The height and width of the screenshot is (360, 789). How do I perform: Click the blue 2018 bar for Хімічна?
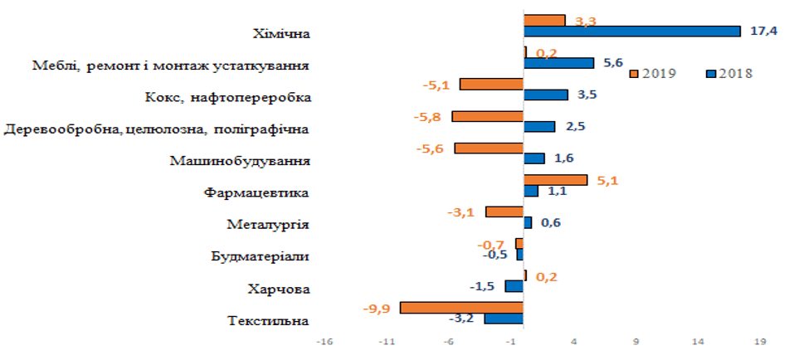pyautogui.click(x=631, y=32)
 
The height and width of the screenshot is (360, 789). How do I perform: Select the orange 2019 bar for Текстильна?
pyautogui.click(x=461, y=308)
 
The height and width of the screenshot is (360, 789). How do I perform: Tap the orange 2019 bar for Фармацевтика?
pyautogui.click(x=555, y=180)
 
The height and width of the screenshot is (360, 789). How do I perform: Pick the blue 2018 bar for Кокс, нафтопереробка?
pyautogui.click(x=546, y=95)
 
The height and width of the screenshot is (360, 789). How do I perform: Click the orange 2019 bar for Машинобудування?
pyautogui.click(x=489, y=148)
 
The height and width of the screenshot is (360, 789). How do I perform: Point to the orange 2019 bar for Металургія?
pyautogui.click(x=504, y=212)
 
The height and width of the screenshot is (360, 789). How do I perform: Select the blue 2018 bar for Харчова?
pyautogui.click(x=514, y=286)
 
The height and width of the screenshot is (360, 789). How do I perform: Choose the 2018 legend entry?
pyautogui.click(x=729, y=73)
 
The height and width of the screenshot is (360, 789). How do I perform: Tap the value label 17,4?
pyautogui.click(x=763, y=32)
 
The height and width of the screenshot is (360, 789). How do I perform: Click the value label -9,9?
pyautogui.click(x=377, y=309)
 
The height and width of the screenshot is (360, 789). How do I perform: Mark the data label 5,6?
pyautogui.click(x=613, y=62)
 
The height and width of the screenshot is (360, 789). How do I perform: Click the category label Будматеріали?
pyautogui.click(x=261, y=256)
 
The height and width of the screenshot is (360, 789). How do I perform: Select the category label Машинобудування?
pyautogui.click(x=240, y=160)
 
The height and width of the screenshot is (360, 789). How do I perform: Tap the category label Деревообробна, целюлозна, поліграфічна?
pyautogui.click(x=157, y=129)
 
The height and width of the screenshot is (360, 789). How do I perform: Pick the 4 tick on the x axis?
pyautogui.click(x=576, y=340)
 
